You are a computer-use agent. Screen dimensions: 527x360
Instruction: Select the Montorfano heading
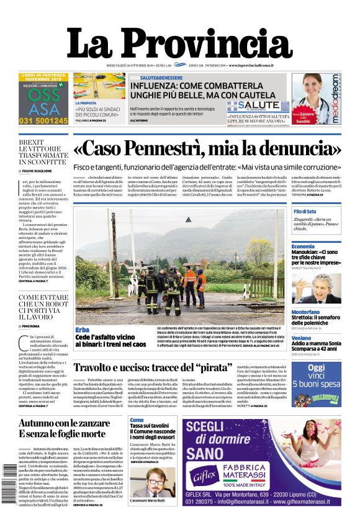[x=306, y=312]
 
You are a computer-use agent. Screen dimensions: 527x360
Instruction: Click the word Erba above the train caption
[x=82, y=329]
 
